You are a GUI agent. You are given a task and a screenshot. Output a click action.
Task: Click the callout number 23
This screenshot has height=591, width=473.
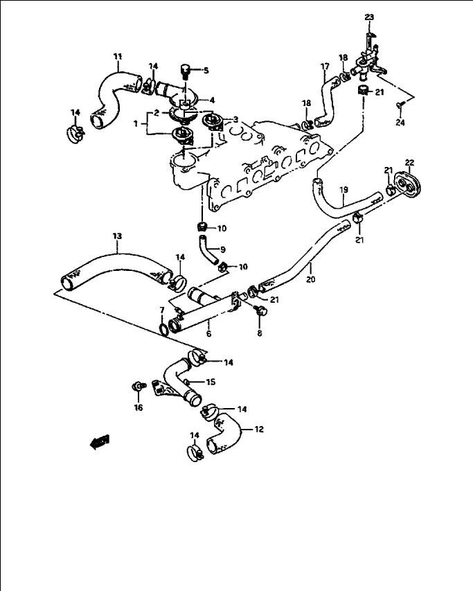(x=369, y=17)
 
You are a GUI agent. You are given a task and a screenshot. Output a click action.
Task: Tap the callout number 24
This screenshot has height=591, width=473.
(x=400, y=123)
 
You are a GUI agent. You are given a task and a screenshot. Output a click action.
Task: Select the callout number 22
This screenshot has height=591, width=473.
(x=409, y=163)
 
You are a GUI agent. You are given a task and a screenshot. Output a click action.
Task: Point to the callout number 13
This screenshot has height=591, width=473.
(x=117, y=236)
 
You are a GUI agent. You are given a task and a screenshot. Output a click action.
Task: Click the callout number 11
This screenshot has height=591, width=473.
(x=118, y=57)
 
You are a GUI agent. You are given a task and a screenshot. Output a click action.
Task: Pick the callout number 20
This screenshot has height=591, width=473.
(x=311, y=279)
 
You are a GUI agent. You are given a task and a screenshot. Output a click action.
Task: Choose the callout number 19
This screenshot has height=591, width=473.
(x=343, y=190)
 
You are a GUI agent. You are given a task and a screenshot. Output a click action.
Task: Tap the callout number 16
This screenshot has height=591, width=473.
(x=139, y=407)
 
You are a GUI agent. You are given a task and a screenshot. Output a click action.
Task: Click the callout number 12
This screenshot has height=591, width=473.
(x=259, y=430)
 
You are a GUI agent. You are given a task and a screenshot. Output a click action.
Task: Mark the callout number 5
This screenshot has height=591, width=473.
(x=206, y=71)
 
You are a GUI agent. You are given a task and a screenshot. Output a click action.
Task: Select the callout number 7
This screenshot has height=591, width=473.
(x=162, y=310)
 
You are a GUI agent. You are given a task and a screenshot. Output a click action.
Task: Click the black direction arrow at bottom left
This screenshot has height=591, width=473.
(x=100, y=442)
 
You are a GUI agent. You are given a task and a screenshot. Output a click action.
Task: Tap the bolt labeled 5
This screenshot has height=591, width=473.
(x=184, y=71)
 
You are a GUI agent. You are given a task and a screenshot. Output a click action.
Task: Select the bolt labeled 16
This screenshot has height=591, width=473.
(x=139, y=387)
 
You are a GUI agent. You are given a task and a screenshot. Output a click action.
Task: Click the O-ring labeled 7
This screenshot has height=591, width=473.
(x=164, y=329)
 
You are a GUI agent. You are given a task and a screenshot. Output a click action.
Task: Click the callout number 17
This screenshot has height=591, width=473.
(x=325, y=67)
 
